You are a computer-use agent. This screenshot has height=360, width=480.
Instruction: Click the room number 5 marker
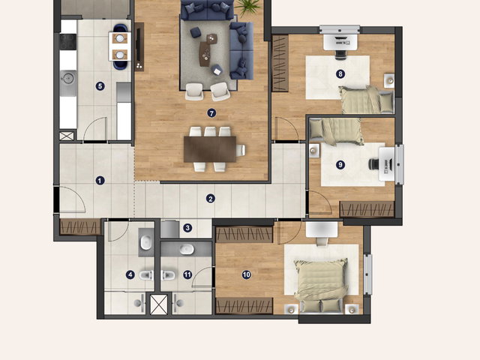[x=100, y=86]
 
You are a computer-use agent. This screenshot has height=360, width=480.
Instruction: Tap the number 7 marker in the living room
[x=211, y=113]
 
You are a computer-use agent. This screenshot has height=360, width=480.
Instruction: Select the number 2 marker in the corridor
[x=210, y=199]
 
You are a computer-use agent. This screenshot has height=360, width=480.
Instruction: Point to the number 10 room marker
[x=247, y=275]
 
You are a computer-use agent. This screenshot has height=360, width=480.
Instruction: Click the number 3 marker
[x=187, y=228]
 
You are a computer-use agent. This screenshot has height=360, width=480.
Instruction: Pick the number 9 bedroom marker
[x=340, y=165]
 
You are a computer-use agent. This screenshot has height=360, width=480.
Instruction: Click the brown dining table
[x=210, y=149]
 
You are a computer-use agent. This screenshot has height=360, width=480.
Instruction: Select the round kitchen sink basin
[x=68, y=78]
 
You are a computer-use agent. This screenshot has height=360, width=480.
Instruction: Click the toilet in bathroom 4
[x=147, y=275]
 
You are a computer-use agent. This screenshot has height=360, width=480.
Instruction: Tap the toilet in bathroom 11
[x=168, y=275]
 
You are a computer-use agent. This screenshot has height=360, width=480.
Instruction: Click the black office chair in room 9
[x=374, y=164]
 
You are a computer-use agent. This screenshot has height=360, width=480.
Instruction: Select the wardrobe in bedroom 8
[x=280, y=63]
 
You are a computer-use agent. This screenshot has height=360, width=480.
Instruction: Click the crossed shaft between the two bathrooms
[x=159, y=304]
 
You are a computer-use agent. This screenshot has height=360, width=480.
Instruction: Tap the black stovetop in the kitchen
[x=67, y=42]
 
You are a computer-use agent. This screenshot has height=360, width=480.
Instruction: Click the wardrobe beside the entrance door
[x=80, y=226]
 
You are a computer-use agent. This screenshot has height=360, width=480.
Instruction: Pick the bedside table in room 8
[x=389, y=80]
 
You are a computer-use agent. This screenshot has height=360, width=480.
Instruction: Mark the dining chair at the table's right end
[x=241, y=150]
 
